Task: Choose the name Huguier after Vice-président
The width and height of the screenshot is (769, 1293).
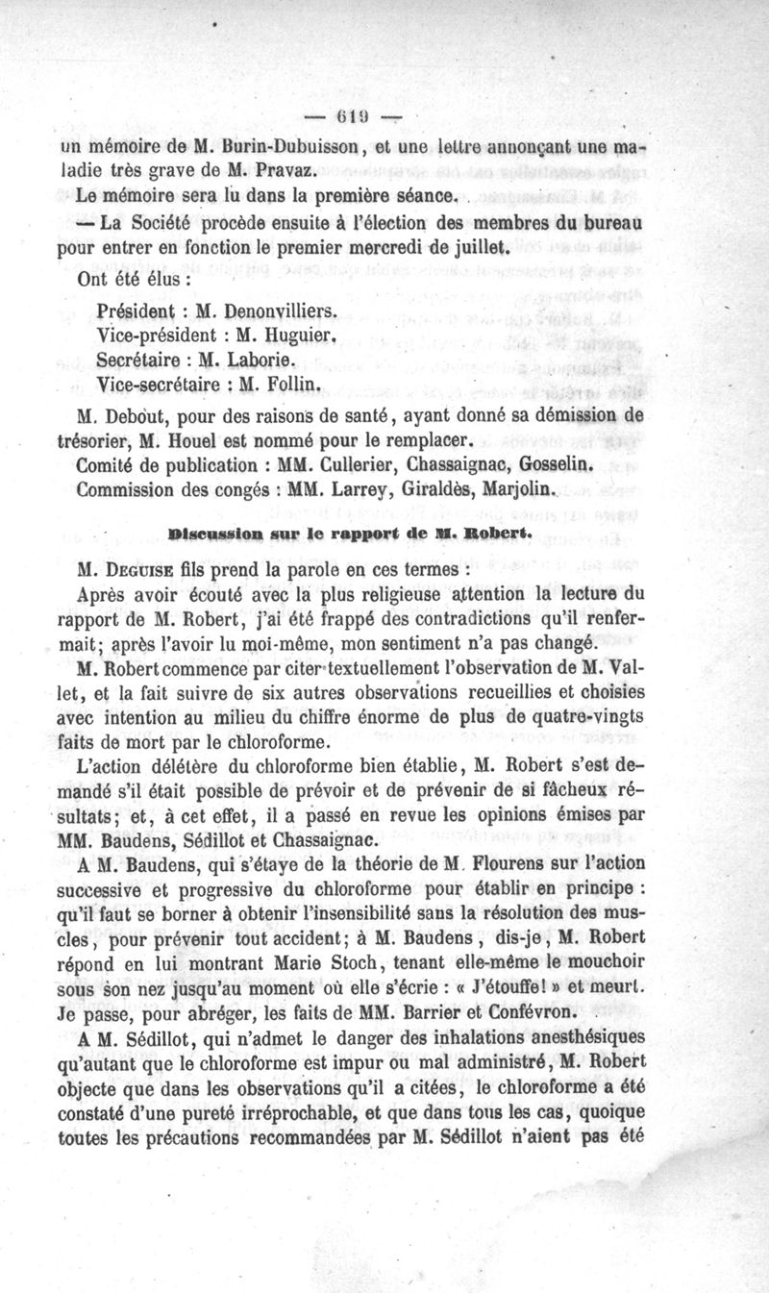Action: pyautogui.click(x=297, y=336)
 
